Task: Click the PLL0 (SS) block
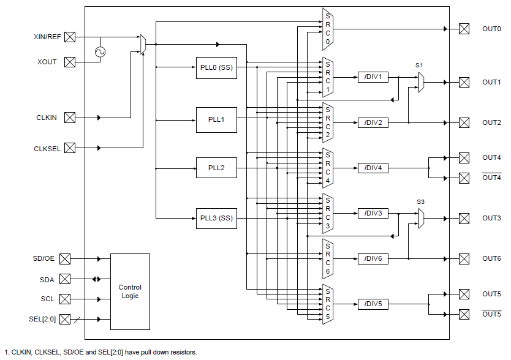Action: pos(216,67)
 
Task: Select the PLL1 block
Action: pos(216,120)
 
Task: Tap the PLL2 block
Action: pos(216,168)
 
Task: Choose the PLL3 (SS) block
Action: pos(216,219)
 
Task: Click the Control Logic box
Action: pos(130,291)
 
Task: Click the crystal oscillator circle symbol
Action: pos(100,52)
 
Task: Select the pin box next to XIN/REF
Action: pos(70,37)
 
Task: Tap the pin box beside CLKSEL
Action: pos(70,148)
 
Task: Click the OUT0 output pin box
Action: pos(464,29)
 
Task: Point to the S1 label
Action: pos(419,65)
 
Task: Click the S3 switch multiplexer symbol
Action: pos(422,218)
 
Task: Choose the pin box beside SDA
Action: pos(65,279)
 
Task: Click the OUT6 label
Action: pos(491,258)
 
